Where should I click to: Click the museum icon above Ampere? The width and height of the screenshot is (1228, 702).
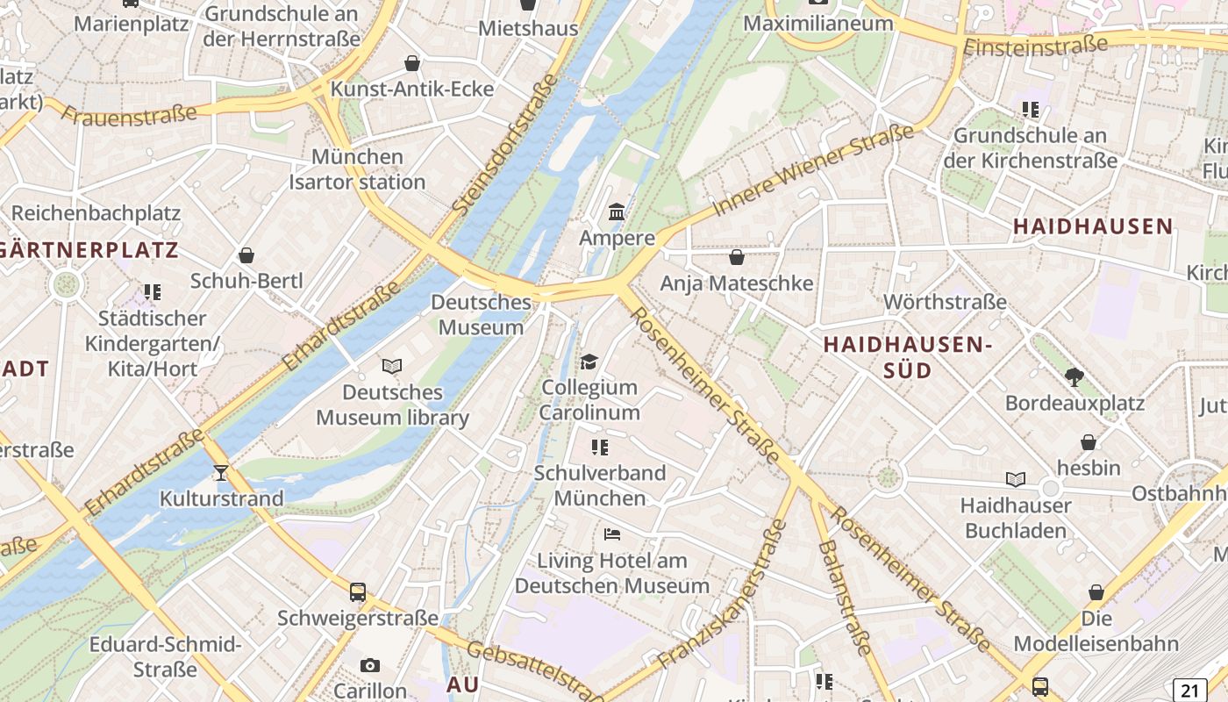click(x=617, y=212)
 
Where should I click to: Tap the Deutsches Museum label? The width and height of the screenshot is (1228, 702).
click(x=481, y=315)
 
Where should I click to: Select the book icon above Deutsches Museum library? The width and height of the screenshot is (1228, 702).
click(x=392, y=366)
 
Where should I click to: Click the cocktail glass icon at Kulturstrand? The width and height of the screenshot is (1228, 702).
click(x=220, y=473)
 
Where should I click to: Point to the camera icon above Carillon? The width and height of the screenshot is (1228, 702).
click(x=370, y=666)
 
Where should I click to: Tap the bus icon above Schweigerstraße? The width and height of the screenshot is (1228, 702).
click(x=357, y=592)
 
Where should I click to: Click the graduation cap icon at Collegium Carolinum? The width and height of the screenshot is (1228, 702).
click(x=589, y=362)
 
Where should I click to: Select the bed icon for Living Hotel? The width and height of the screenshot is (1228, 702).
click(x=611, y=534)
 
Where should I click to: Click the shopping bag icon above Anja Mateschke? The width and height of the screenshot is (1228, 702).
click(x=737, y=257)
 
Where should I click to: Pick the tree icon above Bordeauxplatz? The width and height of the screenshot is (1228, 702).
click(x=1074, y=377)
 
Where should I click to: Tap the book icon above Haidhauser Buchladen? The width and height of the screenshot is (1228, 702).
click(x=1015, y=480)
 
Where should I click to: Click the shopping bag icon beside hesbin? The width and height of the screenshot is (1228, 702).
click(x=1089, y=442)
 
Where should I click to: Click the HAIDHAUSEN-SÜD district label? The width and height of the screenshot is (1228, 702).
click(x=907, y=357)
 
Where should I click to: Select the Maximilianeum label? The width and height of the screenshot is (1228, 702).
click(x=817, y=23)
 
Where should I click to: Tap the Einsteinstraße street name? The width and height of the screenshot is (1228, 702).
click(x=1035, y=45)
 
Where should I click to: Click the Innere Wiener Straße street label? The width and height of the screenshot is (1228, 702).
click(x=813, y=170)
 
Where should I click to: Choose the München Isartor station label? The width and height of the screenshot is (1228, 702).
click(x=357, y=169)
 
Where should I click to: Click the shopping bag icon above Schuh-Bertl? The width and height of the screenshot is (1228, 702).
click(x=246, y=255)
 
